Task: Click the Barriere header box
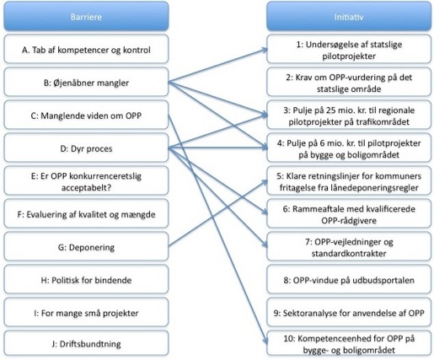[86, 16]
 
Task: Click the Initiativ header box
[349, 16]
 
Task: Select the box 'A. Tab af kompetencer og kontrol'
[86, 49]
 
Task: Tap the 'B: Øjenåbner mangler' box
[86, 82]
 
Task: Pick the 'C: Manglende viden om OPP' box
[86, 115]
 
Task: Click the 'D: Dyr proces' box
[86, 148]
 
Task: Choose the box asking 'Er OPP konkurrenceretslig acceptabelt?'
[86, 180]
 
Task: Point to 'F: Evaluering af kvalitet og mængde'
[86, 213]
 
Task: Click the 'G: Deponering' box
[86, 246]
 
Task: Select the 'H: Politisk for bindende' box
[86, 279]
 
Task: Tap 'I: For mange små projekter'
[86, 312]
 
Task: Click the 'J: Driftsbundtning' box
[86, 343]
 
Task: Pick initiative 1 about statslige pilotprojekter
[349, 49]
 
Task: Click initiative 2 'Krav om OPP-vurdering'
[349, 82]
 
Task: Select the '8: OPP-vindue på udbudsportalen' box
[349, 279]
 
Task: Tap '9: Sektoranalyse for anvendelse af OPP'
[349, 312]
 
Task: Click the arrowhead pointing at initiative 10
[265, 341]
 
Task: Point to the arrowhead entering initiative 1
[265, 50]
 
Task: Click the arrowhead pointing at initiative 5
[265, 182]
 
